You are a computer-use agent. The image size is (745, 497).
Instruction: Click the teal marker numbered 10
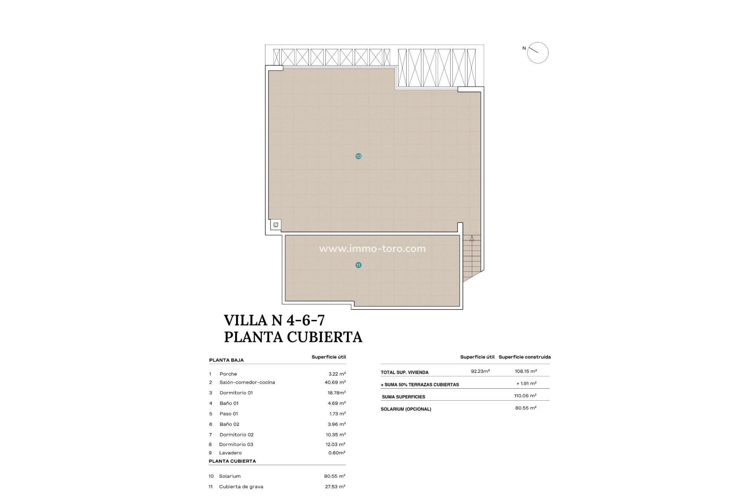pos(359,156)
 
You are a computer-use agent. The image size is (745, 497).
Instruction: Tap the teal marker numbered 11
pos(359,265)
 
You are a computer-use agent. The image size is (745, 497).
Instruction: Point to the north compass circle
pos(538,53)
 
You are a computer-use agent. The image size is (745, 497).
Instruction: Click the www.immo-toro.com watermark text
pos(372,248)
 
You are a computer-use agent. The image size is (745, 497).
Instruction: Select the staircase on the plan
pos(472,256)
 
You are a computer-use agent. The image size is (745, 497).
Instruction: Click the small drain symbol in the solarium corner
pos(275,225)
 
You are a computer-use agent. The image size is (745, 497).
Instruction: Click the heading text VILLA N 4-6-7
pos(274,320)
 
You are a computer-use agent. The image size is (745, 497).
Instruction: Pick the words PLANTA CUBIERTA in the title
pos(293,337)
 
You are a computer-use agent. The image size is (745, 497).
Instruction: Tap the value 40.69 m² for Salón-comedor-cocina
pos(335,382)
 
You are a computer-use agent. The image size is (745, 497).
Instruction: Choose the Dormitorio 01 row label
pos(236,393)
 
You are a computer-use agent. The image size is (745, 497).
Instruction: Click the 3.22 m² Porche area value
pos(337,374)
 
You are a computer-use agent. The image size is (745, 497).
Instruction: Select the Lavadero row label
pos(230,453)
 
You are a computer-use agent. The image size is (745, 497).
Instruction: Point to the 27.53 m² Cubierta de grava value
pos(335,487)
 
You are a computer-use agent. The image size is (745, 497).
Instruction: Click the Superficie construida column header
pos(525,357)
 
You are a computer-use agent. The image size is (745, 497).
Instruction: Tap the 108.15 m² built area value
pos(526,371)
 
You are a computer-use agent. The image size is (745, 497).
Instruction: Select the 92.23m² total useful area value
pos(480,371)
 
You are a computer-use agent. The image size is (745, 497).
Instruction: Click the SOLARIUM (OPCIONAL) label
pos(406,409)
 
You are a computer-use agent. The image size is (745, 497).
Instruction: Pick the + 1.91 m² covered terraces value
pos(526,384)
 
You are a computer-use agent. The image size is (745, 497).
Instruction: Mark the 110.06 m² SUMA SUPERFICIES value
pos(525,396)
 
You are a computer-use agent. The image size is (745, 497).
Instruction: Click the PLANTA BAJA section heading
pos(226,360)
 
